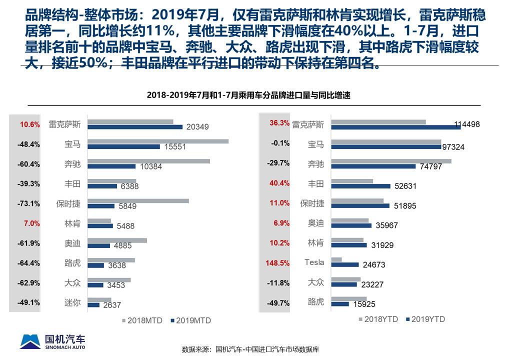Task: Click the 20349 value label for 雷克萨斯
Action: point(197,127)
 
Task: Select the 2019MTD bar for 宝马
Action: point(124,146)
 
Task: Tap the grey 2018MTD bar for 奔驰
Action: point(149,161)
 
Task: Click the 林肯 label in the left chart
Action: point(72,223)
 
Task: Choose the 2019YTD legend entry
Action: point(424,319)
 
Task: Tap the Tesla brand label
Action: point(314,262)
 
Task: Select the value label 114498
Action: point(467,124)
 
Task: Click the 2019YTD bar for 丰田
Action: point(360,186)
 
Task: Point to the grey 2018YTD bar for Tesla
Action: point(336,259)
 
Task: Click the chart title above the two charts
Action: point(248,95)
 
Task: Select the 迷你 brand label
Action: point(72,302)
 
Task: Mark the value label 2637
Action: point(112,305)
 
